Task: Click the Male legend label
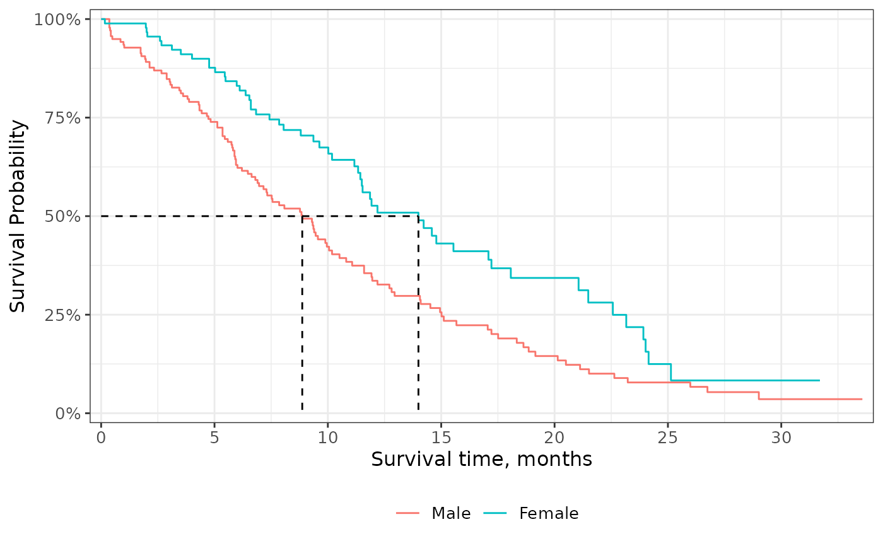[451, 514]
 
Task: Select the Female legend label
[549, 514]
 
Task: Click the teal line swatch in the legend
[497, 514]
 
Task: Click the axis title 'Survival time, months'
[481, 460]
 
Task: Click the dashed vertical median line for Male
[302, 315]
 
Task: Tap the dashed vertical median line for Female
[418, 315]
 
